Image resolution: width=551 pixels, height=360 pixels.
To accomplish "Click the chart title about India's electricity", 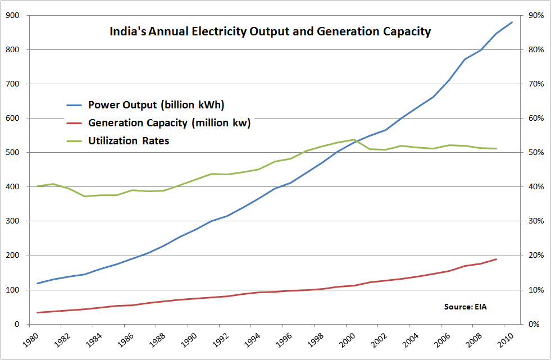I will [x=270, y=32].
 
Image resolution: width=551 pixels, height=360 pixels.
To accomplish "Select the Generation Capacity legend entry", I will [x=169, y=123].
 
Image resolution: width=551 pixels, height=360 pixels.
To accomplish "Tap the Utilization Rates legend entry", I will [x=129, y=141].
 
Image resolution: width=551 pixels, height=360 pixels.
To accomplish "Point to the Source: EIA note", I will [x=465, y=307].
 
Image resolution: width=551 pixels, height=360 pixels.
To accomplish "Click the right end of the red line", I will [x=497, y=259].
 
